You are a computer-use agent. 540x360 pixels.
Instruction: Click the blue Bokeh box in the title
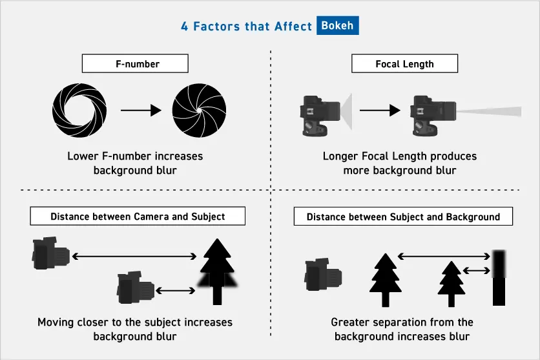point(338,26)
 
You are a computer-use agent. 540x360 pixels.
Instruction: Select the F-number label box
point(134,63)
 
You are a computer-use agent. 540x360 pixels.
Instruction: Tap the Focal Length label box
point(404,63)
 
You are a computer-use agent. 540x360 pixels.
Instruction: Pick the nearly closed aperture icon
point(199,111)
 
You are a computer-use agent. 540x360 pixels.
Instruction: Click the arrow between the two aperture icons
point(140,111)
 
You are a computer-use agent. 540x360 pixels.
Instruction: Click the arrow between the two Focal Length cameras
point(380,111)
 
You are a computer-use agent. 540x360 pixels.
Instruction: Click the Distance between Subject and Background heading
point(403,217)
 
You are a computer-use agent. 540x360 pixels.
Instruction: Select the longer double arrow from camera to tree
point(134,257)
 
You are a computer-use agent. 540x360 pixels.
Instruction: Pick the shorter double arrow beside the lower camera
point(176,289)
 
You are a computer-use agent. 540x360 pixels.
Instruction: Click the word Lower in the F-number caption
point(82,156)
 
